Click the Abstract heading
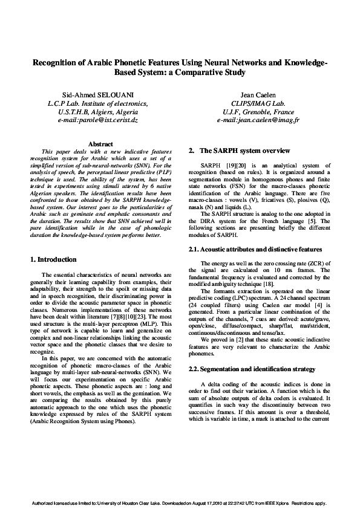101,144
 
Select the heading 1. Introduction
53,259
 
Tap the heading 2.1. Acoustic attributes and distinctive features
255,249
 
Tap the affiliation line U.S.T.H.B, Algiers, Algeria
97,112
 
